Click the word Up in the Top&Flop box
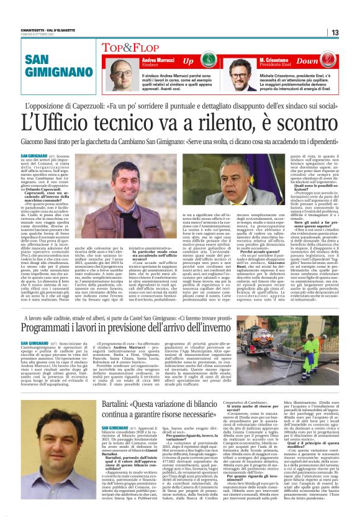coord(187,61)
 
